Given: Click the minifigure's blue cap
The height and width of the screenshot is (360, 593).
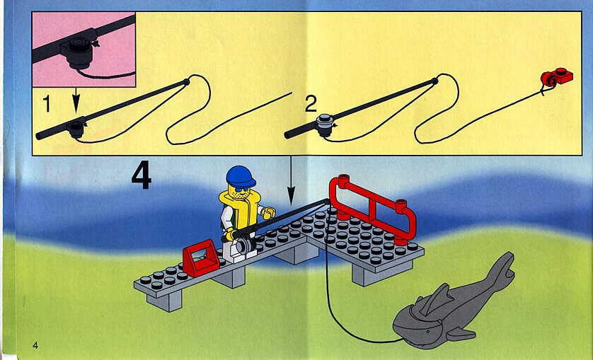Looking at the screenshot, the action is pyautogui.click(x=241, y=176).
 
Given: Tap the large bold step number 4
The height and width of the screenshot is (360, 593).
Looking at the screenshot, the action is pyautogui.click(x=142, y=176).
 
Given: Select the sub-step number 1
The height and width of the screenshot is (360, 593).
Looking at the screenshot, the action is pyautogui.click(x=47, y=104).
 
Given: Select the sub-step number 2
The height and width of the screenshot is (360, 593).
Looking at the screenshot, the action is pyautogui.click(x=311, y=105).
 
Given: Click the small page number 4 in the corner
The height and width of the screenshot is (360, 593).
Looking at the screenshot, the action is pyautogui.click(x=35, y=345).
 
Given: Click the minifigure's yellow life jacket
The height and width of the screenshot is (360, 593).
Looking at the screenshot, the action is pyautogui.click(x=238, y=210).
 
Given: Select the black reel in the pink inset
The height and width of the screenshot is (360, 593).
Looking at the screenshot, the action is pyautogui.click(x=79, y=52).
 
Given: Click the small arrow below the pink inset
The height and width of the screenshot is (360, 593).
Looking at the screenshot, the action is pyautogui.click(x=76, y=100).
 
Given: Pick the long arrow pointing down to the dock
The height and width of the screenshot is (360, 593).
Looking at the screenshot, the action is pyautogui.click(x=291, y=181).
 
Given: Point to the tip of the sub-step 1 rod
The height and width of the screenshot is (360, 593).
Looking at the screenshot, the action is pyautogui.click(x=186, y=81).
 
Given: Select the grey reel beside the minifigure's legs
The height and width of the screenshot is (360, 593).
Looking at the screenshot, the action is pyautogui.click(x=246, y=246).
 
